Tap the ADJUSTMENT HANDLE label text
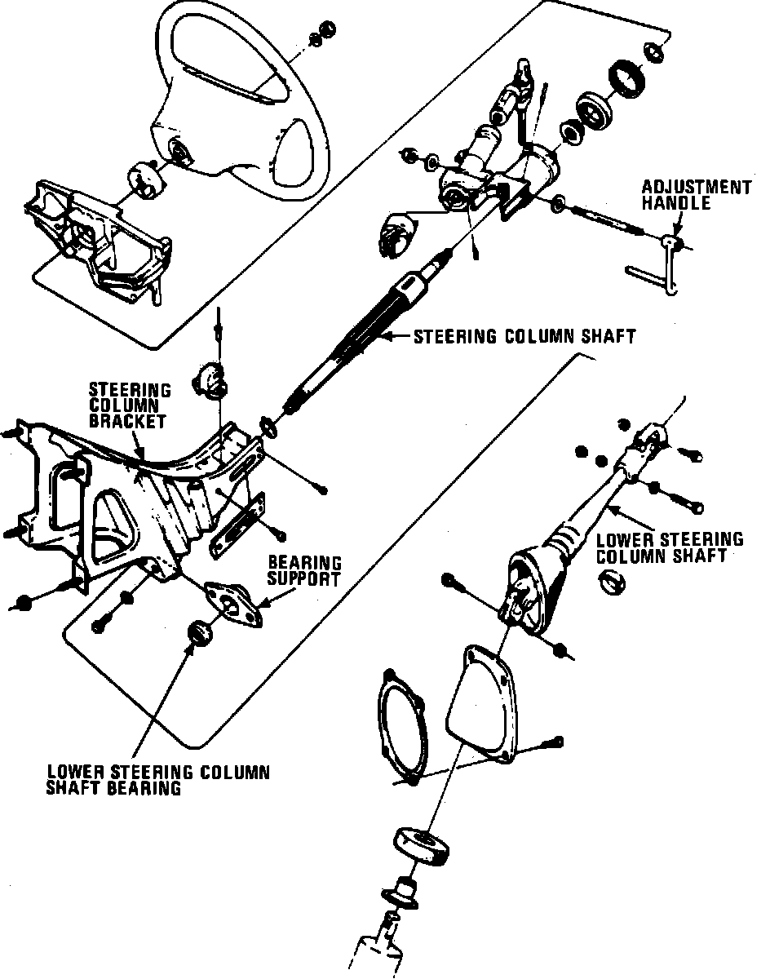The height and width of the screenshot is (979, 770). coord(695,195)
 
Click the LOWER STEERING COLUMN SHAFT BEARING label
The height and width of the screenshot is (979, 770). coord(158,779)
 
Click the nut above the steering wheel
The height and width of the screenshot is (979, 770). coord(324,29)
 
